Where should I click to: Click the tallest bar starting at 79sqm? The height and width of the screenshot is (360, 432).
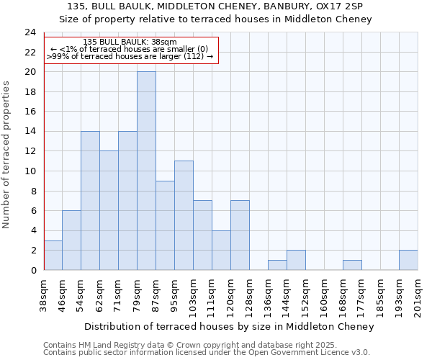pyautogui.click(x=146, y=171)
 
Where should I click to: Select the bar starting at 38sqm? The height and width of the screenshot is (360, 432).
pyautogui.click(x=53, y=255)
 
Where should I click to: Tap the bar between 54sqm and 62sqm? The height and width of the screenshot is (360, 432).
pyautogui.click(x=90, y=200)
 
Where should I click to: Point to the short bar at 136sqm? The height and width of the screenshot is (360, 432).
pyautogui.click(x=277, y=265)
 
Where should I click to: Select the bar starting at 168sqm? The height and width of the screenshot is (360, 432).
pyautogui.click(x=352, y=265)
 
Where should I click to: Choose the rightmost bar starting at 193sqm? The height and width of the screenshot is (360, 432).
pyautogui.click(x=408, y=260)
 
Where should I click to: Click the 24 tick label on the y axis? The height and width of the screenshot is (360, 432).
pyautogui.click(x=30, y=32)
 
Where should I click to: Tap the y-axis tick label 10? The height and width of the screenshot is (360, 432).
pyautogui.click(x=30, y=171)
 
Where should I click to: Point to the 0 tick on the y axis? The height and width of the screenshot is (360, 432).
pyautogui.click(x=32, y=270)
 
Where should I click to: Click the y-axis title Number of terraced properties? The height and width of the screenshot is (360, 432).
pyautogui.click(x=7, y=154)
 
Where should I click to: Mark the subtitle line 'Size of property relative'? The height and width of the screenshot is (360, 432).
pyautogui.click(x=215, y=19)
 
